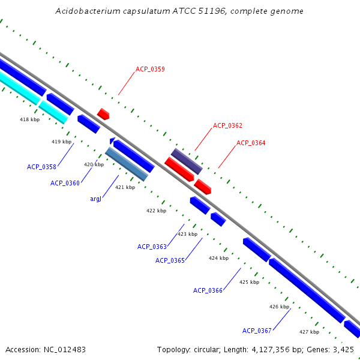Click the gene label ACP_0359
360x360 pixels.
(x=150, y=69)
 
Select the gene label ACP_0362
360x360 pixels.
(x=227, y=125)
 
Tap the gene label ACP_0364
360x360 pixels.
(x=251, y=143)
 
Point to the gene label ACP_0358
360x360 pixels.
(x=41, y=167)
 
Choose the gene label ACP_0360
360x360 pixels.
(x=65, y=183)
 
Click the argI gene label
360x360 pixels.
(x=95, y=199)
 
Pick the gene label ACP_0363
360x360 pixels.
(x=152, y=247)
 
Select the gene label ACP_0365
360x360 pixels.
(x=170, y=260)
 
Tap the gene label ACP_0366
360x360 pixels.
(x=208, y=290)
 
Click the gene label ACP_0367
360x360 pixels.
(x=257, y=331)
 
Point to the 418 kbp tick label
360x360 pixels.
(x=29, y=119)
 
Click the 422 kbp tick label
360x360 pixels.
(x=156, y=211)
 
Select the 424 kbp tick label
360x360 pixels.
(x=218, y=258)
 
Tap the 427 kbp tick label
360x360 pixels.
(x=309, y=332)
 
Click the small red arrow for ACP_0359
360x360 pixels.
(x=103, y=113)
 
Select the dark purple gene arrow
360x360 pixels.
(x=187, y=161)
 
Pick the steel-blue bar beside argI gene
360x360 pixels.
(x=126, y=164)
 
